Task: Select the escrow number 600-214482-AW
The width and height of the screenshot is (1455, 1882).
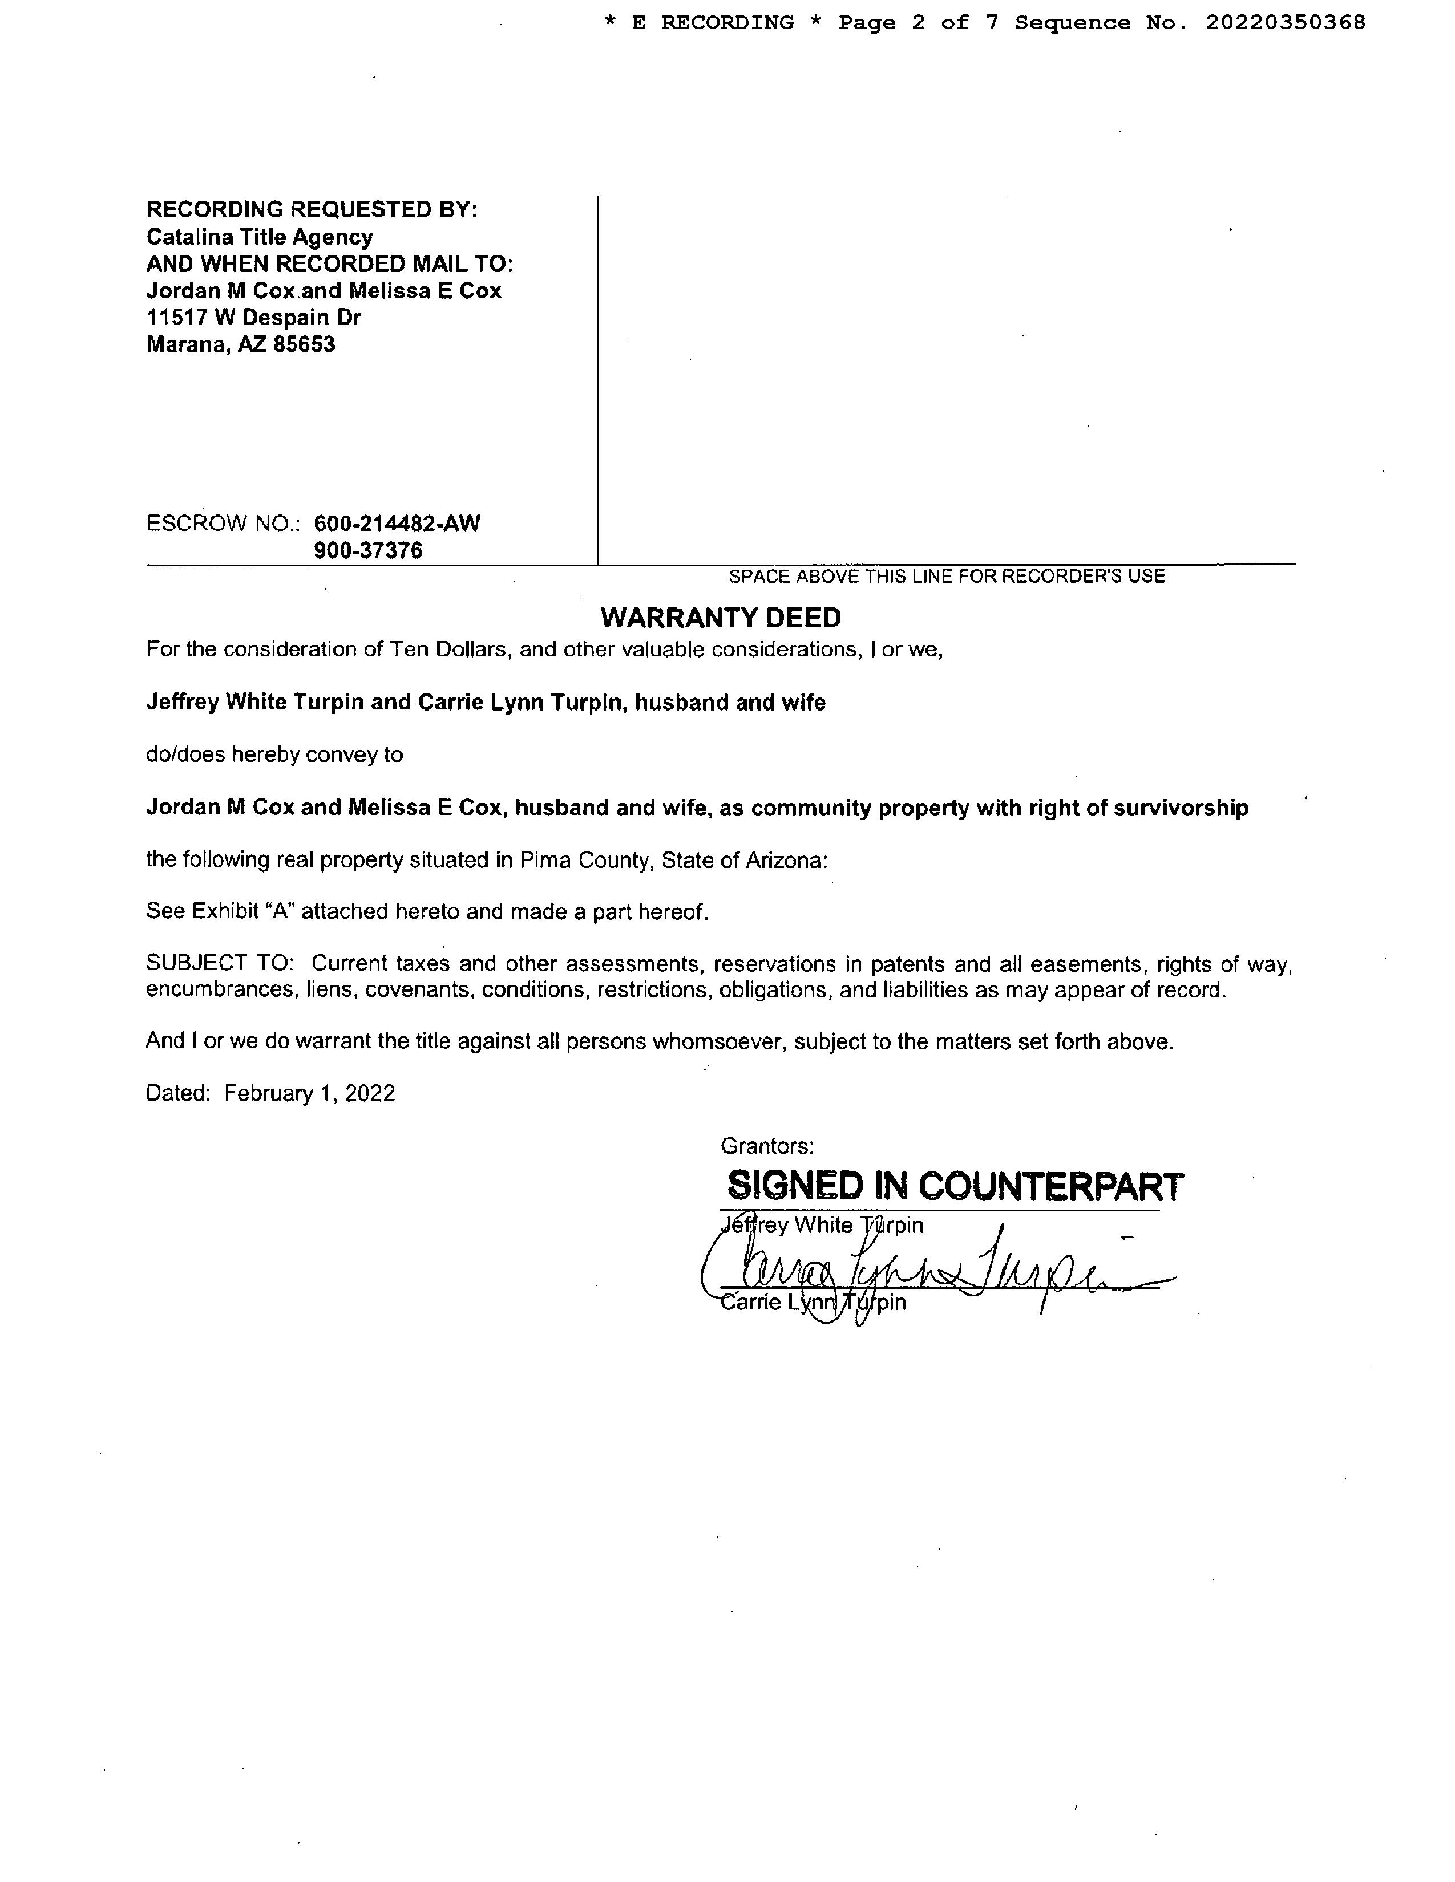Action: coord(397,523)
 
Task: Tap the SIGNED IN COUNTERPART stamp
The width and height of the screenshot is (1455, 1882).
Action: coord(955,1187)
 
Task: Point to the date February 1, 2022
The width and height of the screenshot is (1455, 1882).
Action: coord(309,1093)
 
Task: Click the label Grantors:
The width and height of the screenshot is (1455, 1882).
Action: coord(767,1146)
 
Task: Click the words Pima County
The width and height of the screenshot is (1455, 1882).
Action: coord(584,860)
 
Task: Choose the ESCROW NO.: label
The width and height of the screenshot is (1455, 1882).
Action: coord(223,523)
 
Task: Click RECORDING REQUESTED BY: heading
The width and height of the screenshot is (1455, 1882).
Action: coord(311,209)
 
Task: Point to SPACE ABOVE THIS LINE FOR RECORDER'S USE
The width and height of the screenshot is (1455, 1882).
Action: coord(947,577)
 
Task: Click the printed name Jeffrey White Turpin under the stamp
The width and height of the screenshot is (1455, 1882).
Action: coord(822,1226)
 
